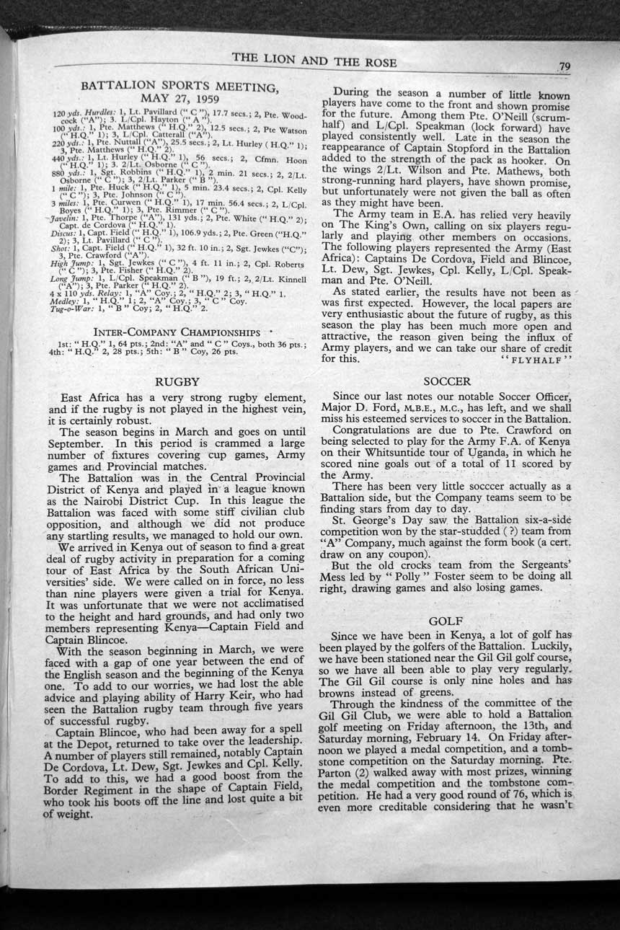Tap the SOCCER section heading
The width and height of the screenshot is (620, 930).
[447, 381]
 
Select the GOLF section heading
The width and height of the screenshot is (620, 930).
[446, 621]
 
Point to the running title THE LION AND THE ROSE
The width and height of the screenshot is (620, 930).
[314, 62]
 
